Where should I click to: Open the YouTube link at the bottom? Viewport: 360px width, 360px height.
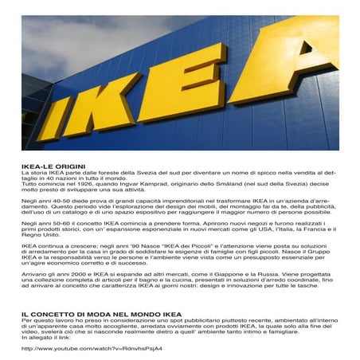pyautogui.click(x=92, y=348)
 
